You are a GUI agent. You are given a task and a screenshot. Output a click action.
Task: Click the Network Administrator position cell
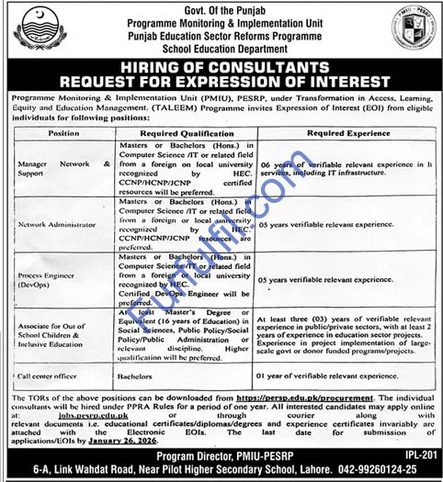[58, 222]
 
